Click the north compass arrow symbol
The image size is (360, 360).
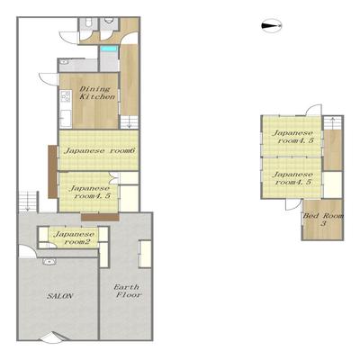272,26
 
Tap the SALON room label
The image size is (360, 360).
60,296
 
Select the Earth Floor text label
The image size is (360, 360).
128,291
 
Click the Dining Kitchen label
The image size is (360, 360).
96,93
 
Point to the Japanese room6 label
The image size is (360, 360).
100,150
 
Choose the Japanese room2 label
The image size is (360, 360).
73,238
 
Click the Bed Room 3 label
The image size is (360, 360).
323,220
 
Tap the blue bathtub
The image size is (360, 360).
109,49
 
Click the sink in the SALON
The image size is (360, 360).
49,262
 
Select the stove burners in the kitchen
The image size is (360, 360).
66,96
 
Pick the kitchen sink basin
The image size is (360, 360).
66,117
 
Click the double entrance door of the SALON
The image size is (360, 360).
54,337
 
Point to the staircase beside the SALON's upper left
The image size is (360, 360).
28,202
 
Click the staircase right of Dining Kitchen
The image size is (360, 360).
130,121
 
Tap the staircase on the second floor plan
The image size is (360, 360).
332,123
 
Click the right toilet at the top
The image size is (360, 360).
109,21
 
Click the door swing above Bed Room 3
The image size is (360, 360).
293,204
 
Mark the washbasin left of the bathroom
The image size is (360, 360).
64,62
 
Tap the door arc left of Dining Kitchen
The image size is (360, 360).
48,78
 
